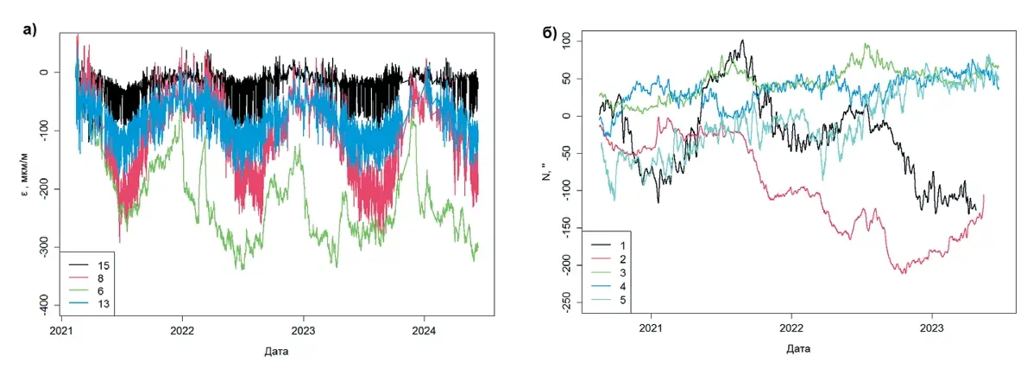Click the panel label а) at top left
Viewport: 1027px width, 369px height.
click(x=30, y=29)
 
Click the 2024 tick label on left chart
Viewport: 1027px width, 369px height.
click(x=424, y=331)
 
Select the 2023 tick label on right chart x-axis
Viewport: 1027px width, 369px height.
click(x=932, y=328)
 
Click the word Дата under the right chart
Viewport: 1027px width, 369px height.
click(x=797, y=349)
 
